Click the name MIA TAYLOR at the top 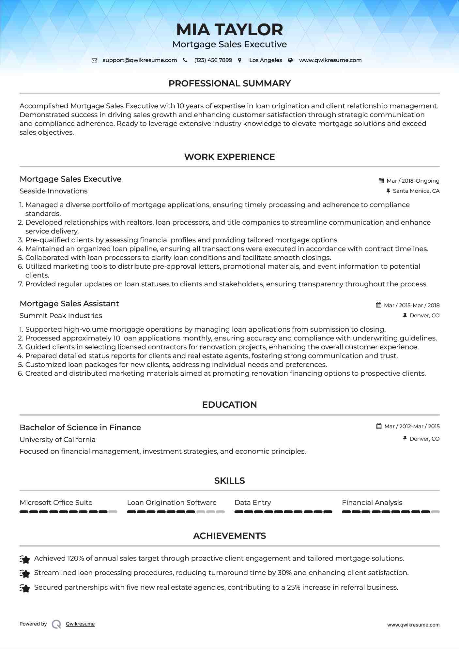pyautogui.click(x=229, y=30)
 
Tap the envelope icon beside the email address pyautogui.click(x=94, y=60)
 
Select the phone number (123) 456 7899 pyautogui.click(x=213, y=60)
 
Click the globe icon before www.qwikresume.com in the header pyautogui.click(x=290, y=60)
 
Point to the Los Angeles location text pyautogui.click(x=266, y=60)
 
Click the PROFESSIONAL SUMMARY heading pyautogui.click(x=229, y=83)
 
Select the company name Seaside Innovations pyautogui.click(x=54, y=191)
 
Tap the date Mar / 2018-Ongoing pyautogui.click(x=413, y=181)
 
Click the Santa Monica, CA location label pyautogui.click(x=416, y=191)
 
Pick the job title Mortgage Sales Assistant pyautogui.click(x=69, y=304)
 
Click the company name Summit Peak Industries pyautogui.click(x=61, y=316)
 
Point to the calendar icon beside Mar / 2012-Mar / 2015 pyautogui.click(x=379, y=426)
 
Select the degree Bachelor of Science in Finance pyautogui.click(x=80, y=428)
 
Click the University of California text pyautogui.click(x=57, y=440)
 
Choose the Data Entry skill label pyautogui.click(x=253, y=503)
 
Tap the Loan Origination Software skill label pyautogui.click(x=172, y=503)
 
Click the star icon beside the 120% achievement pyautogui.click(x=25, y=559)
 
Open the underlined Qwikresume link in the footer pyautogui.click(x=80, y=624)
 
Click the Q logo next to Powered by pyautogui.click(x=56, y=624)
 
